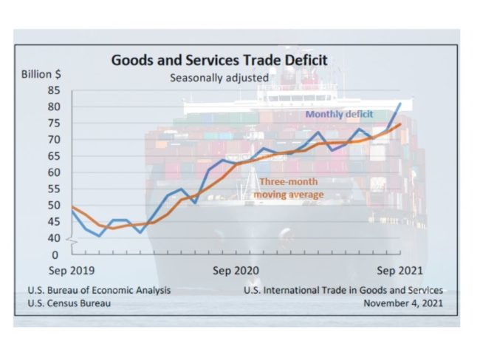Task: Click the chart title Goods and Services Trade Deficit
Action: pyautogui.click(x=219, y=60)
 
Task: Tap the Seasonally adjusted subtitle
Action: pyautogui.click(x=219, y=76)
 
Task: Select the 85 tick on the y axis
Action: pyautogui.click(x=55, y=90)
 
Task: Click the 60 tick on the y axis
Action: pyautogui.click(x=55, y=172)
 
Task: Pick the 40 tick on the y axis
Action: pyautogui.click(x=55, y=238)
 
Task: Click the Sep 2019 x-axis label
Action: pyautogui.click(x=72, y=271)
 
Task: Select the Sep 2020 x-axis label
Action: pyautogui.click(x=236, y=271)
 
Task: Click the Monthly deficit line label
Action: pyautogui.click(x=340, y=114)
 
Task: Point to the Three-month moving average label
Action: pyautogui.click(x=289, y=188)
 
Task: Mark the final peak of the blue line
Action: pyautogui.click(x=400, y=103)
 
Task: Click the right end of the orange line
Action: pyautogui.click(x=400, y=124)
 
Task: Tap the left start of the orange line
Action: pyautogui.click(x=72, y=206)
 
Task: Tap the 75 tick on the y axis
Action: pyautogui.click(x=55, y=123)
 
